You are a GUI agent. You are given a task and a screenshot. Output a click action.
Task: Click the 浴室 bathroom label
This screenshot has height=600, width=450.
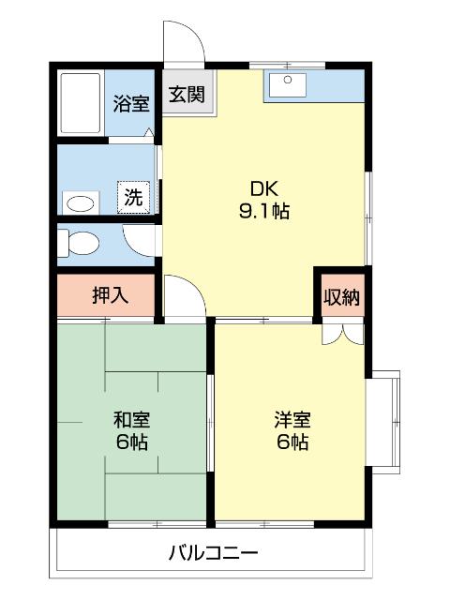pyautogui.click(x=132, y=103)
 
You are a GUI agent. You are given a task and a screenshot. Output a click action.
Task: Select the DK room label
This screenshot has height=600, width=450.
pyautogui.click(x=262, y=186)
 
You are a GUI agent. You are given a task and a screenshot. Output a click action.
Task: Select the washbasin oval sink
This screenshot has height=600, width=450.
pyautogui.click(x=79, y=202)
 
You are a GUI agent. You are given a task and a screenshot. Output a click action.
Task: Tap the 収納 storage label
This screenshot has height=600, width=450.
pyautogui.click(x=342, y=297)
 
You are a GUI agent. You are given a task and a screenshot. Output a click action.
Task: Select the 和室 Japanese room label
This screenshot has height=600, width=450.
pyautogui.click(x=131, y=420)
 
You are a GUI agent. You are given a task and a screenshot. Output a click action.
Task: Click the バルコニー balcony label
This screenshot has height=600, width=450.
pyautogui.click(x=213, y=551)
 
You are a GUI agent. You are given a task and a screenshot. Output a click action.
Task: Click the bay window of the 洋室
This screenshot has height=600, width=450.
pyautogui.click(x=385, y=422)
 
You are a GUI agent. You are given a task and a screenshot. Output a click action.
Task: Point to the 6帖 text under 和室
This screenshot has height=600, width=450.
pyautogui.click(x=131, y=442)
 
